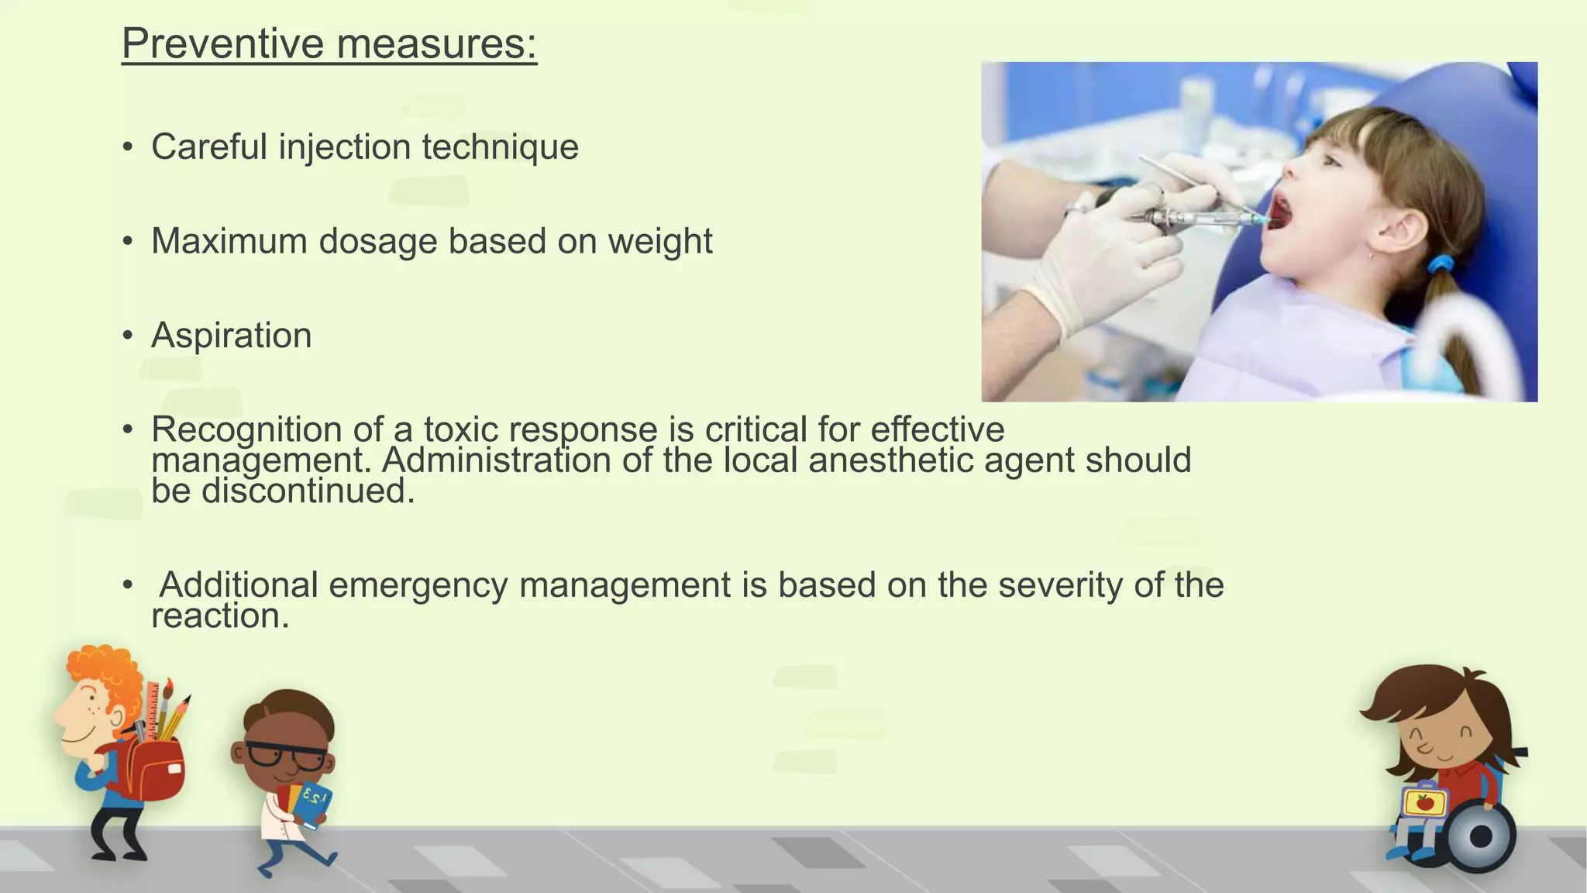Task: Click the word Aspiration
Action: tap(231, 336)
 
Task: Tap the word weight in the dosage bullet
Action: tap(659, 242)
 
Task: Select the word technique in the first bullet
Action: tap(500, 147)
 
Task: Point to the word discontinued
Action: tap(308, 491)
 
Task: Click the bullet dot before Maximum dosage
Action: tap(128, 242)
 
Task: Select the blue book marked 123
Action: tap(315, 805)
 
